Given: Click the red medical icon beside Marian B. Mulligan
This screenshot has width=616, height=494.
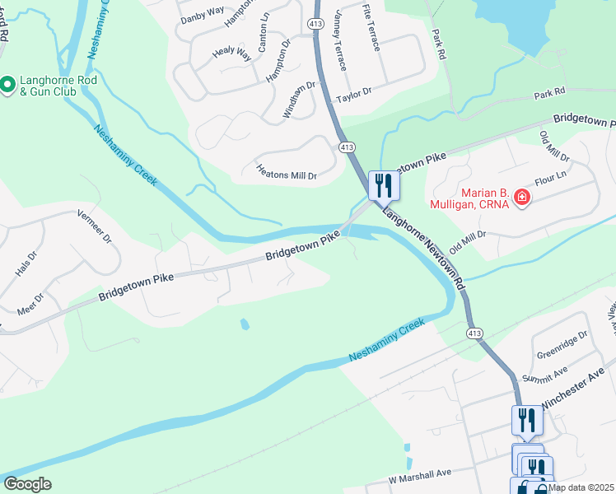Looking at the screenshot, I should (x=520, y=198).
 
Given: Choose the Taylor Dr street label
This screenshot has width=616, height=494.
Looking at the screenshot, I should (x=355, y=96).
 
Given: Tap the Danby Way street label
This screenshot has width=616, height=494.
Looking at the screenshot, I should (x=202, y=13).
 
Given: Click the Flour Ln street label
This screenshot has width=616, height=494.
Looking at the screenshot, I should (x=553, y=177).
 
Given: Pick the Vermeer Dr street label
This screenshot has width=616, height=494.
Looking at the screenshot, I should (x=94, y=227).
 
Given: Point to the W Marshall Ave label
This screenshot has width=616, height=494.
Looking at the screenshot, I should (x=420, y=476).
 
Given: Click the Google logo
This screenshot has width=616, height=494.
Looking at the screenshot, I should (x=27, y=483).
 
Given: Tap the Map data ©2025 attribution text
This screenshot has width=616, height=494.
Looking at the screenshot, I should (x=581, y=487).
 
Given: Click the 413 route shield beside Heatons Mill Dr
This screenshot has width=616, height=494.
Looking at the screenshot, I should (x=346, y=147).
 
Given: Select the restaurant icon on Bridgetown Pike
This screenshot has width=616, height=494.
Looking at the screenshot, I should (x=384, y=184).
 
